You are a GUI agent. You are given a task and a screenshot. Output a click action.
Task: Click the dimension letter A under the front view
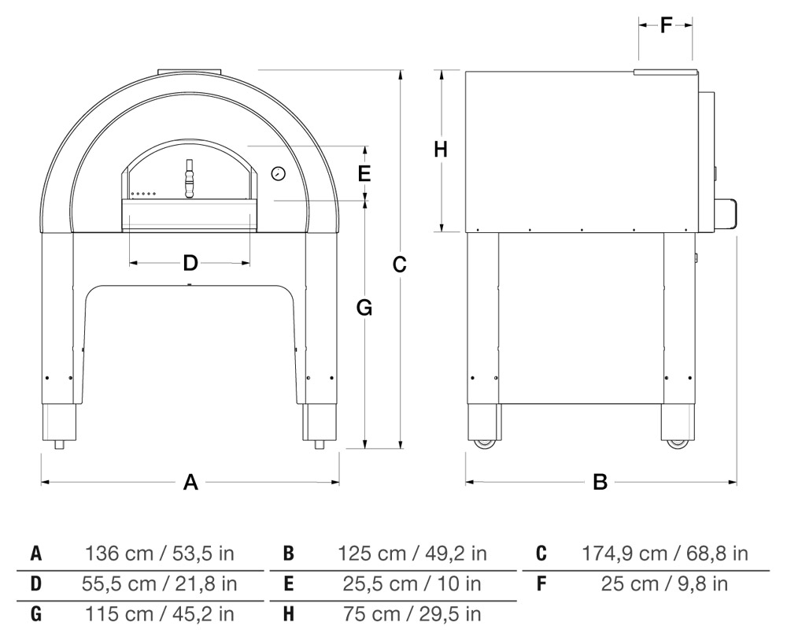pyautogui.click(x=190, y=483)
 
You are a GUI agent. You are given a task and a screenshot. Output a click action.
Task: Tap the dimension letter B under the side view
pyautogui.click(x=600, y=483)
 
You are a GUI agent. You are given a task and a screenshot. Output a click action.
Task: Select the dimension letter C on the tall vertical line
pyautogui.click(x=400, y=264)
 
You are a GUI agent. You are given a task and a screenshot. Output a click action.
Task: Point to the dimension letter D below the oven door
pyautogui.click(x=190, y=262)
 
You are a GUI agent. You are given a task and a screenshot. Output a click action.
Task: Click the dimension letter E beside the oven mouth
pyautogui.click(x=364, y=173)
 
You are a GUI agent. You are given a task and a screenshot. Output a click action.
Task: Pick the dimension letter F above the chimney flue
pyautogui.click(x=666, y=24)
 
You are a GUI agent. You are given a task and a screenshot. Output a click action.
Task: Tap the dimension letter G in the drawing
pyautogui.click(x=364, y=307)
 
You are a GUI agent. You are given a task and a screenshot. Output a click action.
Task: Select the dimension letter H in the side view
pyautogui.click(x=441, y=150)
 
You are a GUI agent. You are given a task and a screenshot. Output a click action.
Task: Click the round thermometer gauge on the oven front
pyautogui.click(x=278, y=174)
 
